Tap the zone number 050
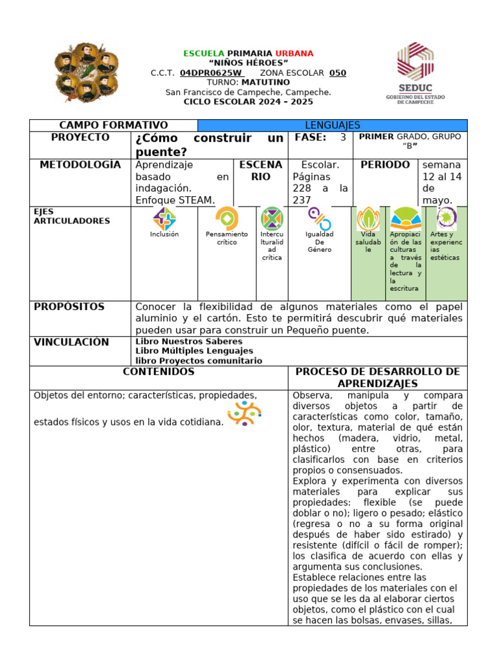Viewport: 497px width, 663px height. pyautogui.click(x=338, y=73)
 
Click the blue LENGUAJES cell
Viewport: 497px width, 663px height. pyautogui.click(x=332, y=126)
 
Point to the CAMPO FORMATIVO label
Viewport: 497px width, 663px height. pyautogui.click(x=113, y=126)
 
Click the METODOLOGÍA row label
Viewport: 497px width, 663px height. pyautogui.click(x=80, y=165)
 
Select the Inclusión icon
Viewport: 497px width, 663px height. pyautogui.click(x=164, y=219)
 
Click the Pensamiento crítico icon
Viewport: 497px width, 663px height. pyautogui.click(x=226, y=218)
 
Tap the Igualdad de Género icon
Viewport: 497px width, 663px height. pyautogui.click(x=319, y=219)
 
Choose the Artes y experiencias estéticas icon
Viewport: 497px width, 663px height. pyautogui.click(x=446, y=218)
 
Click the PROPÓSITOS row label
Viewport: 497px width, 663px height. pyautogui.click(x=69, y=307)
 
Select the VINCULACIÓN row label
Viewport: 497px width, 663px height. pyautogui.click(x=71, y=343)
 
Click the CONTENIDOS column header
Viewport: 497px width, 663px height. pyautogui.click(x=159, y=372)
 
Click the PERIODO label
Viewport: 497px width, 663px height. pyautogui.click(x=385, y=165)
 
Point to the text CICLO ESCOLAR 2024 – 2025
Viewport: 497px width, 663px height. pyautogui.click(x=248, y=102)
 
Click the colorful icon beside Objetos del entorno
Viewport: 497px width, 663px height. pyautogui.click(x=245, y=413)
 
